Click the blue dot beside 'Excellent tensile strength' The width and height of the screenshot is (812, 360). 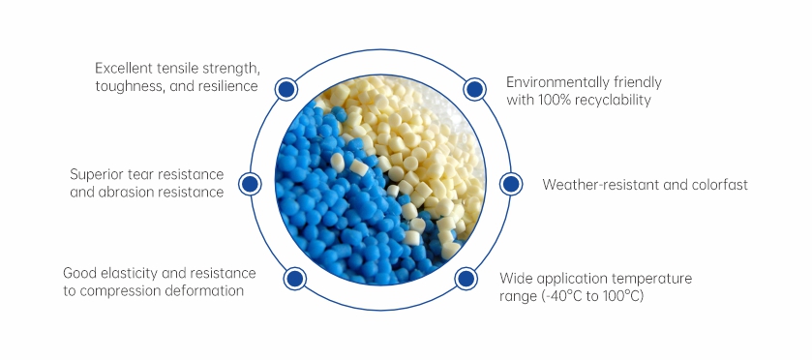(286, 89)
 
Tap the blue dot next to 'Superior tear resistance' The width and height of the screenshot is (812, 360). (250, 184)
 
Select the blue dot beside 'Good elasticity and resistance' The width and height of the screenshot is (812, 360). (294, 279)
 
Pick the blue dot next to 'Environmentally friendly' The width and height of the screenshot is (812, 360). (474, 89)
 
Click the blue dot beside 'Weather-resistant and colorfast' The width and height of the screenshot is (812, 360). (511, 184)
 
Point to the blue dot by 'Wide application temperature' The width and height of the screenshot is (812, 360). (466, 279)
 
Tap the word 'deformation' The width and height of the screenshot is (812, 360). (204, 290)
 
